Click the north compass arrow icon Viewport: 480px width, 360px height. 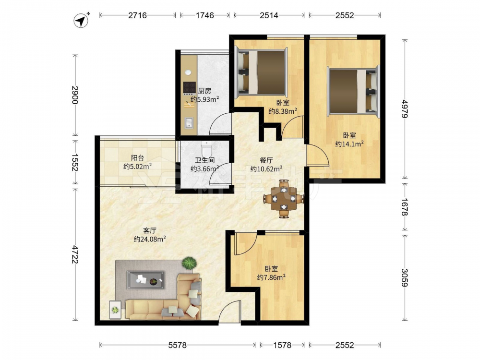tap(82, 20)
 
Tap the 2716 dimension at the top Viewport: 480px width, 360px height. tap(137, 15)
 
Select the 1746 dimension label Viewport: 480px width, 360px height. tap(205, 15)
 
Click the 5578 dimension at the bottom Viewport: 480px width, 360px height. tap(178, 345)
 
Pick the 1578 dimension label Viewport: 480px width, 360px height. tap(282, 345)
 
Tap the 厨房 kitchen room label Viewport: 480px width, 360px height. tap(204, 91)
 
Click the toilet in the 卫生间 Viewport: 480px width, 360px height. tap(206, 148)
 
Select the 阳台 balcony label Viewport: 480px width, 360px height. tap(137, 158)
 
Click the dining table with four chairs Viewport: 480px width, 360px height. tap(284, 199)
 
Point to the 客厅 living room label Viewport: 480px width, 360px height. tap(150, 230)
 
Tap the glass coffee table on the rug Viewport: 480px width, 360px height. tap(146, 280)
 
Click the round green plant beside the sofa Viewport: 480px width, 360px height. tap(189, 263)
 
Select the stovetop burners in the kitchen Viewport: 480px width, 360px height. tap(189, 87)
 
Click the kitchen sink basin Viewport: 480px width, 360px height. tap(189, 122)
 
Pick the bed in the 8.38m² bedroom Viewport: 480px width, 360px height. tap(261, 72)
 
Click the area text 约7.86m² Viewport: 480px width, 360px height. tap(271, 277)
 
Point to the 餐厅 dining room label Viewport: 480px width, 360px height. tap(266, 160)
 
